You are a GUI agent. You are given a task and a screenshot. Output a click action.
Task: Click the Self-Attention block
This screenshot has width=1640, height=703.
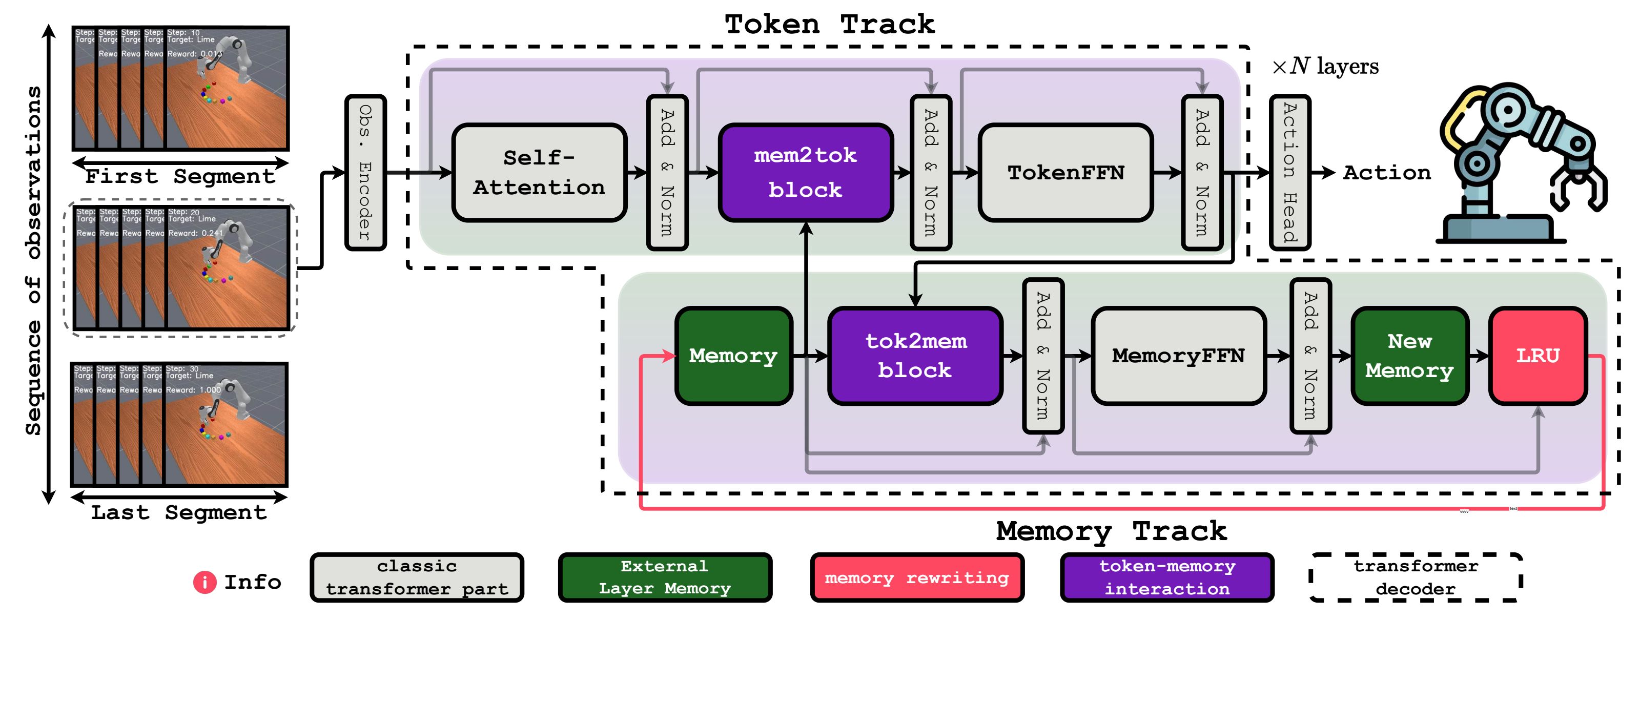pos(539,173)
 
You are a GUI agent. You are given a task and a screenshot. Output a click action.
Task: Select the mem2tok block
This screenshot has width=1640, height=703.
pos(805,173)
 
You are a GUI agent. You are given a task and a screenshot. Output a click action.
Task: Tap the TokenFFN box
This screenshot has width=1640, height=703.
pos(1065,173)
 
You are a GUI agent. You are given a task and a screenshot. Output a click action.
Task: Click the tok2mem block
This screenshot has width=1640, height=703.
pos(915,355)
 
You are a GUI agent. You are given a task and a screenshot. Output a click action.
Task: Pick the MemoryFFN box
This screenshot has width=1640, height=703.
pos(1178,355)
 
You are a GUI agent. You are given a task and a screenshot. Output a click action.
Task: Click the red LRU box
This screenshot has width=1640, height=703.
pos(1537,355)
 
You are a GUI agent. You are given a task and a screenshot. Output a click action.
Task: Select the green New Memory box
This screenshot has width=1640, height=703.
pos(1409,355)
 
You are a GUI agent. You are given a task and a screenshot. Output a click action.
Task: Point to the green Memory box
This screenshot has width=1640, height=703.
pos(733,355)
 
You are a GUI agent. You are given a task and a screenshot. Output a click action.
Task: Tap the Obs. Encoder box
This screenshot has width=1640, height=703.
pos(365,173)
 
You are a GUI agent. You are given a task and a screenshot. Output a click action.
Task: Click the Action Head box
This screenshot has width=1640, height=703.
pos(1289,173)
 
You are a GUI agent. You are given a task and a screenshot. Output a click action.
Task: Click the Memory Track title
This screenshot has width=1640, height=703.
pos(1111,530)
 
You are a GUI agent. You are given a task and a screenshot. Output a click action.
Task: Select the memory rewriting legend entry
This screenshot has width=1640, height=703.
pos(917,577)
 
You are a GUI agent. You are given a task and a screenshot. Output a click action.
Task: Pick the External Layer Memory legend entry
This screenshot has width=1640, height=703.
pos(665,577)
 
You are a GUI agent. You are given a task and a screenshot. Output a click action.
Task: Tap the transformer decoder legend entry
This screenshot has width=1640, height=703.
pos(1415,577)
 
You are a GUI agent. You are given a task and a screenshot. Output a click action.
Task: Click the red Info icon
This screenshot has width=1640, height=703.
pos(204,582)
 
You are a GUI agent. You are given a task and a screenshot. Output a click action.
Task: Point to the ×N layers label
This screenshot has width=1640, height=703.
pos(1325,66)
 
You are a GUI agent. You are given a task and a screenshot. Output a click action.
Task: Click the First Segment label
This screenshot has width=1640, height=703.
pos(180,176)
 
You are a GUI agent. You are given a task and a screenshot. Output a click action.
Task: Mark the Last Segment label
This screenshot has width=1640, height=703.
pos(179,512)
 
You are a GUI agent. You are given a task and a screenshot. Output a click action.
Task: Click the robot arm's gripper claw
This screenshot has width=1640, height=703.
pos(1579,191)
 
